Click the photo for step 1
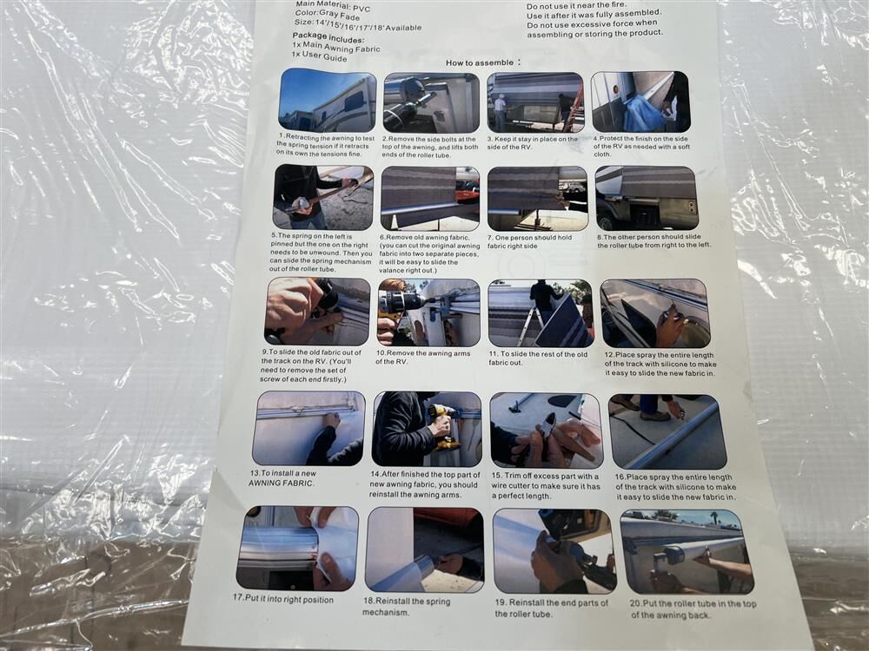(327, 100)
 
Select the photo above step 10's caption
(428, 312)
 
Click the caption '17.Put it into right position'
(282, 599)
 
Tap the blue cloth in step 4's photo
(643, 114)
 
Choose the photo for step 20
(687, 551)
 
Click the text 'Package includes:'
(328, 37)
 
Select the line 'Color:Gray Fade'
(327, 15)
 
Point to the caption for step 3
(532, 143)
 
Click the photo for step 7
(537, 199)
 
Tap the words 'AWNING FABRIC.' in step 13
(281, 483)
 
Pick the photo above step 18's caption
(424, 549)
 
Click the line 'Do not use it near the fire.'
(576, 5)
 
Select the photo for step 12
(654, 313)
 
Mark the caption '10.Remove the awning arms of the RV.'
(422, 357)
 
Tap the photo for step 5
(323, 197)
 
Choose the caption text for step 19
(551, 608)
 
